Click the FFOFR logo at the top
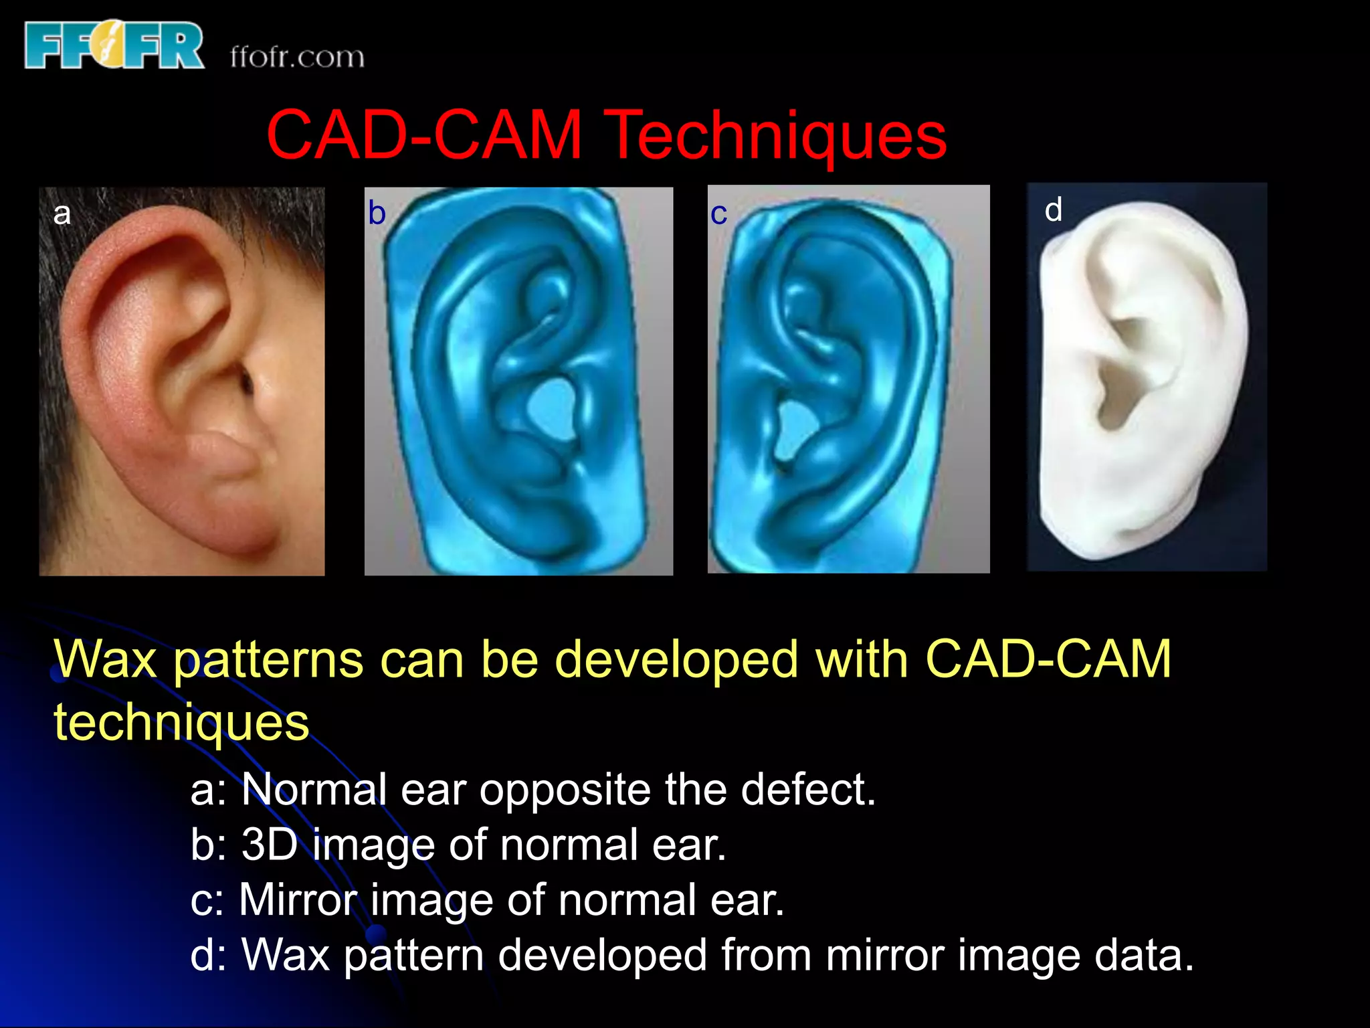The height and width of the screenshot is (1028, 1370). pyautogui.click(x=114, y=46)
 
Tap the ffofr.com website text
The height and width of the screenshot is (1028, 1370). pyautogui.click(x=297, y=56)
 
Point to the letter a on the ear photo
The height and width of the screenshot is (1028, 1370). pyautogui.click(x=62, y=214)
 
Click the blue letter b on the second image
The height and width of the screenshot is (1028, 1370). pyautogui.click(x=377, y=214)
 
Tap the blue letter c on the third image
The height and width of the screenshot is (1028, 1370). pyautogui.click(x=718, y=215)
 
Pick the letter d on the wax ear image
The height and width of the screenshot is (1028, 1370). pyautogui.click(x=1053, y=210)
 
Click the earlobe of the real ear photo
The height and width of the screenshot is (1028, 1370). pyautogui.click(x=227, y=495)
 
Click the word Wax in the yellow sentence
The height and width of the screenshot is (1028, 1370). pyautogui.click(x=105, y=660)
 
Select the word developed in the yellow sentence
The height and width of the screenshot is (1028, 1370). pyautogui.click(x=676, y=660)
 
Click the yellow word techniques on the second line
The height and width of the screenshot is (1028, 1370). pyautogui.click(x=181, y=723)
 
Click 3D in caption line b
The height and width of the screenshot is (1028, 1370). pyautogui.click(x=269, y=845)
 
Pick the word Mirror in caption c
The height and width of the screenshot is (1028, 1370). pyautogui.click(x=298, y=899)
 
